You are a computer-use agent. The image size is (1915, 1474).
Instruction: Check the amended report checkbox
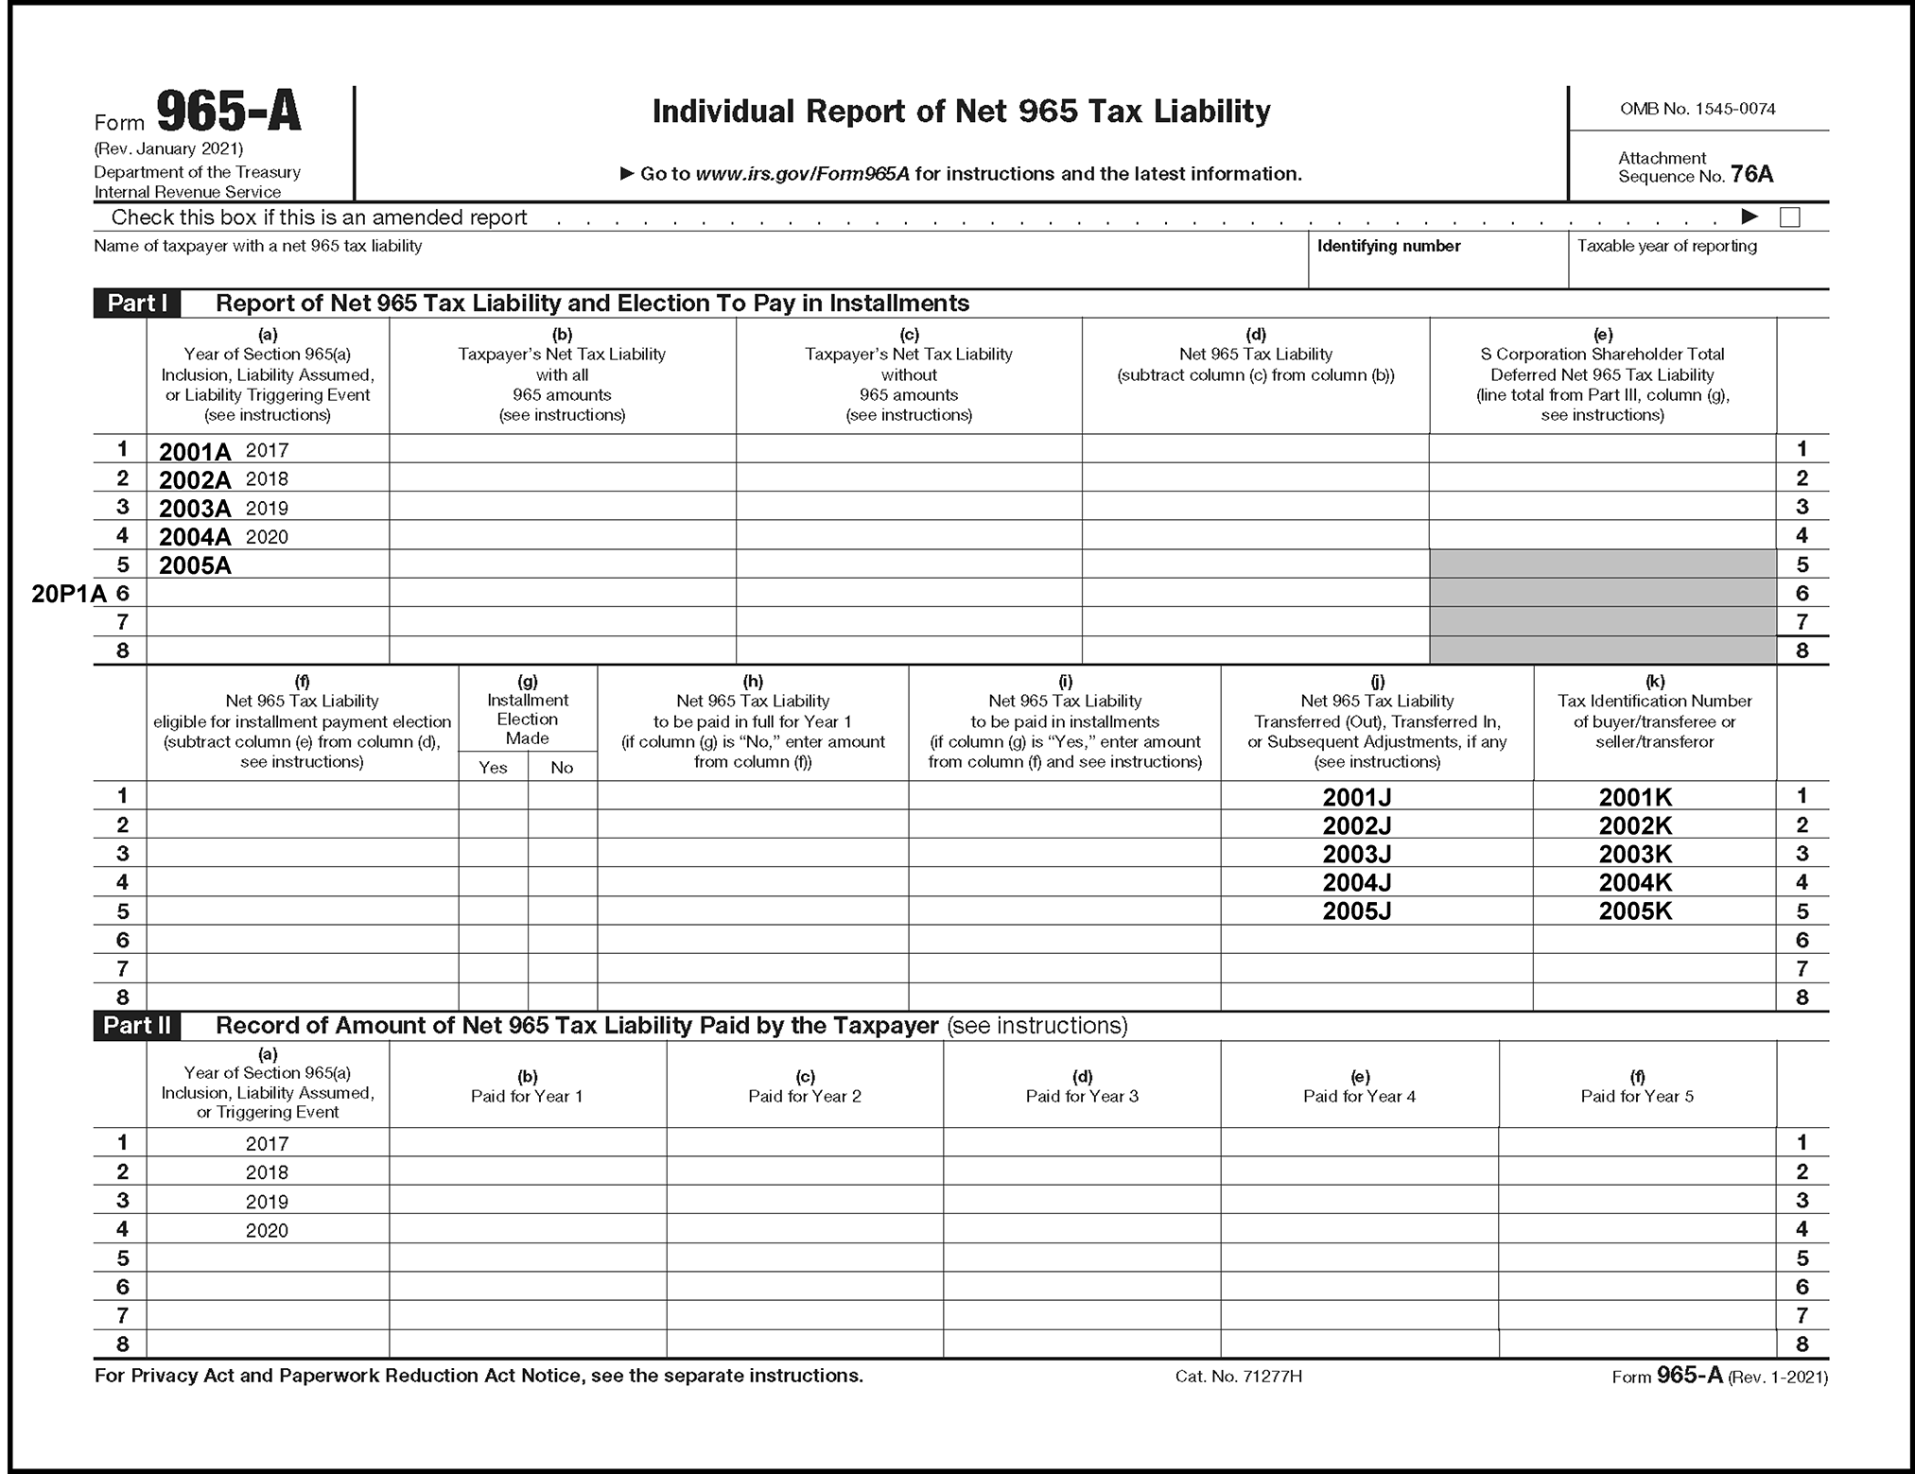[x=1789, y=217]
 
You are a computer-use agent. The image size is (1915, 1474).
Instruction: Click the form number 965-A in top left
[x=228, y=112]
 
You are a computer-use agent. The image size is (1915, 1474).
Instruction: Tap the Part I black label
[x=136, y=303]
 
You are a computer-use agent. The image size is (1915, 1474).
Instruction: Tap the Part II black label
[x=137, y=1026]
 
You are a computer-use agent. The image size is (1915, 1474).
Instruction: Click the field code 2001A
[x=195, y=452]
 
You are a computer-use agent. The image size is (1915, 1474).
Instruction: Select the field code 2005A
[x=195, y=566]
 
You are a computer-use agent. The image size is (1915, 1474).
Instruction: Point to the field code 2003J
[x=1356, y=855]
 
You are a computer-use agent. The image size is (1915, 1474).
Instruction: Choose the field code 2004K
[x=1635, y=883]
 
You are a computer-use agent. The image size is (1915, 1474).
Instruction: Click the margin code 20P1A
[x=68, y=594]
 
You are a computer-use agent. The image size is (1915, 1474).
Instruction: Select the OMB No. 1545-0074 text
[x=1697, y=109]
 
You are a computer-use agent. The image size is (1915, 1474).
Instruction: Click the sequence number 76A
[x=1751, y=175]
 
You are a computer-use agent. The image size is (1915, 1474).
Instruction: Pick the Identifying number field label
[x=1388, y=246]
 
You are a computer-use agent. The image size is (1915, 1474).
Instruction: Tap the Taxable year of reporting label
[x=1666, y=246]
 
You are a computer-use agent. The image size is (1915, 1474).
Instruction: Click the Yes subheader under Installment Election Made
[x=493, y=768]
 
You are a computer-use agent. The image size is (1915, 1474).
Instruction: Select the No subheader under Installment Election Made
[x=562, y=768]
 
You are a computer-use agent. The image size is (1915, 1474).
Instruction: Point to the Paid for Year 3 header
[x=1082, y=1097]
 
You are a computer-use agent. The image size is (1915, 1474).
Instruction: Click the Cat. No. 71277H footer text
[x=1238, y=1377]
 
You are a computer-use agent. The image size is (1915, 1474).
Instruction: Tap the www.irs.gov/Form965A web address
[x=802, y=174]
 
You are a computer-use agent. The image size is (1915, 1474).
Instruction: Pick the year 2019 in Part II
[x=267, y=1202]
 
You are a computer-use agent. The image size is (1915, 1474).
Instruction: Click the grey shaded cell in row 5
[x=1602, y=564]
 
